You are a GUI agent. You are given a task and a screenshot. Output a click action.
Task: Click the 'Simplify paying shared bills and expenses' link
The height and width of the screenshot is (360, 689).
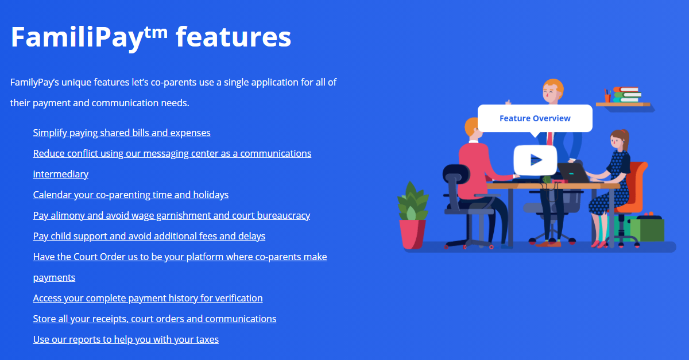pyautogui.click(x=122, y=133)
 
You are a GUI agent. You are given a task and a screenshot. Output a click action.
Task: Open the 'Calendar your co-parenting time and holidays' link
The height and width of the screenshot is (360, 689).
pyautogui.click(x=131, y=195)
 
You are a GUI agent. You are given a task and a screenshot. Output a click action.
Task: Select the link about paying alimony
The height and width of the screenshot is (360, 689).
pyautogui.click(x=172, y=215)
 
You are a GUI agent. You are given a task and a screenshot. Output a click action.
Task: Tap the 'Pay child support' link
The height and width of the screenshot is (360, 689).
pyautogui.click(x=149, y=236)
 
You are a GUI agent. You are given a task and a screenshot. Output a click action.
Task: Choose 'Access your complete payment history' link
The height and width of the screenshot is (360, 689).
pyautogui.click(x=148, y=298)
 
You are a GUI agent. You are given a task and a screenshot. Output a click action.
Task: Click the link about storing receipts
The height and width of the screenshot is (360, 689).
pyautogui.click(x=154, y=319)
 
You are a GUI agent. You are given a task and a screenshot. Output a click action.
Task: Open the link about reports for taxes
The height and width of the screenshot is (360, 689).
pyautogui.click(x=126, y=339)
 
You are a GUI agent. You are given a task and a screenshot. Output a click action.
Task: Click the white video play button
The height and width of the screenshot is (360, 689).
pyautogui.click(x=535, y=160)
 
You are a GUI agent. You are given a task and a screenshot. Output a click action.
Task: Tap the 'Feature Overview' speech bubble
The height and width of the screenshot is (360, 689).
pyautogui.click(x=535, y=118)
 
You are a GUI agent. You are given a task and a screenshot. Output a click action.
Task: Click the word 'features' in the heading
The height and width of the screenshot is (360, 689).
pyautogui.click(x=233, y=37)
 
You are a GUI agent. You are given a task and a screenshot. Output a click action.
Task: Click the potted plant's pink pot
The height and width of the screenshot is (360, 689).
pyautogui.click(x=412, y=233)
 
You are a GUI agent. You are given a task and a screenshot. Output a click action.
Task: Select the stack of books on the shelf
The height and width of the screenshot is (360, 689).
pyautogui.click(x=627, y=95)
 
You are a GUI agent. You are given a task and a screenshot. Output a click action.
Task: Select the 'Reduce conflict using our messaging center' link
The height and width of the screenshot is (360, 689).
pyautogui.click(x=172, y=153)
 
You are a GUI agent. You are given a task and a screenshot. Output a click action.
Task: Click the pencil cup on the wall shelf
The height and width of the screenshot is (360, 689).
pyautogui.click(x=607, y=97)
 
